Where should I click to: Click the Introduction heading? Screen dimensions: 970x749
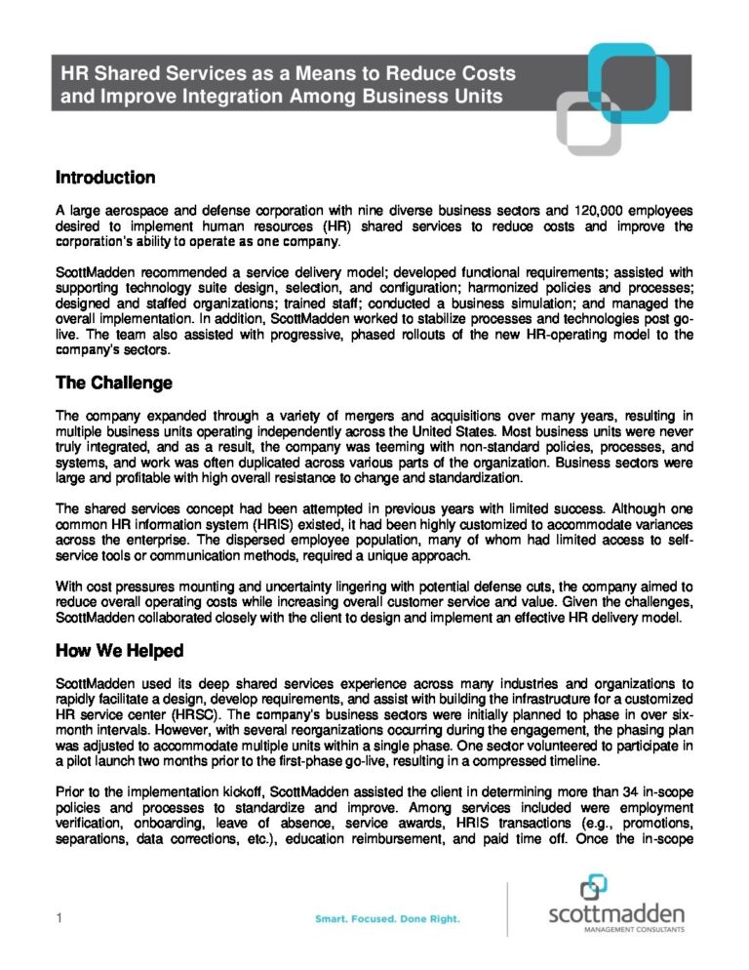point(105,178)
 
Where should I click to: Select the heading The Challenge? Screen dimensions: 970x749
point(114,383)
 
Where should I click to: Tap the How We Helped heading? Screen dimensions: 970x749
point(119,650)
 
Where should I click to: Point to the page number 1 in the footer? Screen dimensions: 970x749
point(59,918)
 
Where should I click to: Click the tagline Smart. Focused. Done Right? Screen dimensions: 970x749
point(387,918)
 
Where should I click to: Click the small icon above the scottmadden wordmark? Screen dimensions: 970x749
point(593,888)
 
